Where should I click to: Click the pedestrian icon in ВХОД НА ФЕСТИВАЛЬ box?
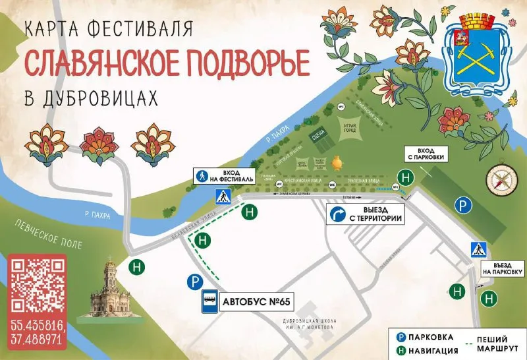[x=202, y=175]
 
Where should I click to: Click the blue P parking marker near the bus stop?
[x=194, y=282]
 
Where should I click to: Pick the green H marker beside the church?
[x=137, y=267]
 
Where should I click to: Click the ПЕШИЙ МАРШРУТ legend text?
[x=496, y=340]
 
